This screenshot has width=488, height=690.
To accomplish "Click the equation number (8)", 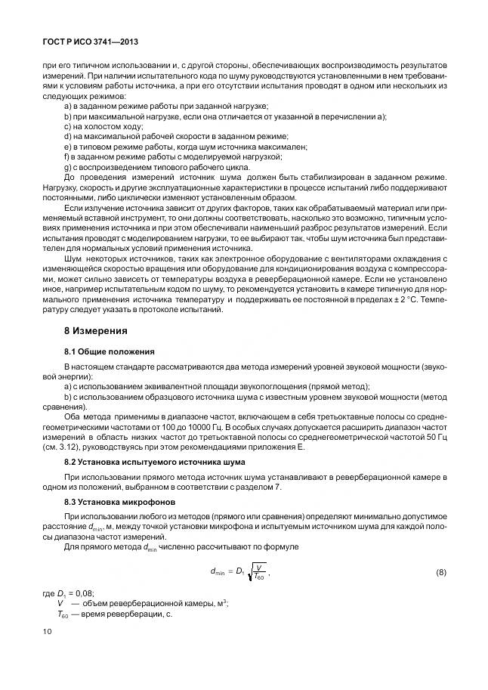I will coord(440,574).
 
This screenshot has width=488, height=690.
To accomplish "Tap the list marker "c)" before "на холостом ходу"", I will coord(67,126).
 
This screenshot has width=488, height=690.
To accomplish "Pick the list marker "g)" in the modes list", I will coord(67,166).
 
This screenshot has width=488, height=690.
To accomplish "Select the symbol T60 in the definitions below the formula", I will coord(63,614).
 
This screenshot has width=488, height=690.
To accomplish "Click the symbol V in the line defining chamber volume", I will coord(60,604).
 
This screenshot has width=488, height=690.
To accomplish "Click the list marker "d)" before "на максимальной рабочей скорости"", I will coord(67,136).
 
